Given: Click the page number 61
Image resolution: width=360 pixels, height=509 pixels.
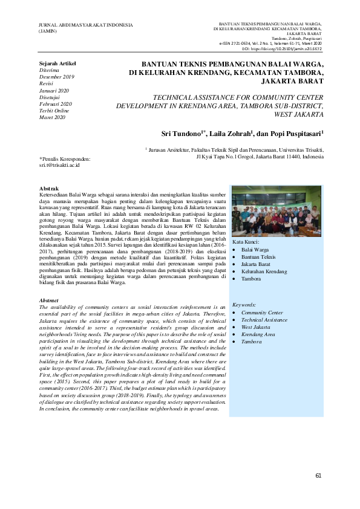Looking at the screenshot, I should (318, 475).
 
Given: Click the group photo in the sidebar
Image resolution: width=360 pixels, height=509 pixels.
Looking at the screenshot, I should (277, 212).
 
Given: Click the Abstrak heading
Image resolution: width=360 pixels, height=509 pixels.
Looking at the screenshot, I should (48, 189).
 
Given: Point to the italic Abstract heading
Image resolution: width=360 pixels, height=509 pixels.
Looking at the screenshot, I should (48, 300).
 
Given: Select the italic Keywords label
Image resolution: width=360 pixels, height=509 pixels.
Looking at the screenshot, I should (244, 305).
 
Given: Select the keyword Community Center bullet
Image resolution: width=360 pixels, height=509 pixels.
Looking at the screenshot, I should (262, 313).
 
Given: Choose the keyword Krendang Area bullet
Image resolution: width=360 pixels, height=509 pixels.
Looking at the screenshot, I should (258, 334).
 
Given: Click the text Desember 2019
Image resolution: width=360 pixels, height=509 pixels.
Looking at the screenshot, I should (56, 77).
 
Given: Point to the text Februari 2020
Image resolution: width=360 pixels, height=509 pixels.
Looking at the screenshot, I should (54, 104).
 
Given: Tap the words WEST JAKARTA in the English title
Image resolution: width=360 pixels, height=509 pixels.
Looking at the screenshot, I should (298, 113).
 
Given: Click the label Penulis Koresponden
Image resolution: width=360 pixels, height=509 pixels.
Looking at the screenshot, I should (65, 158).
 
